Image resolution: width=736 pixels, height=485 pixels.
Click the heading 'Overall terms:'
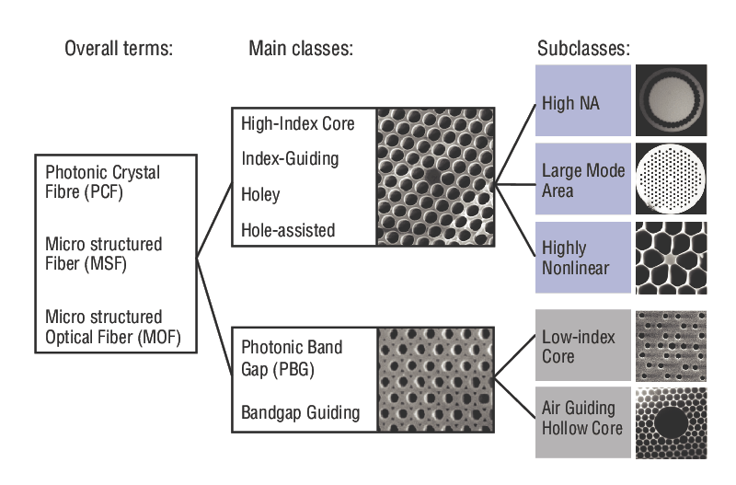118,50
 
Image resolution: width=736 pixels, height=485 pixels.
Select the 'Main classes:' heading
301,50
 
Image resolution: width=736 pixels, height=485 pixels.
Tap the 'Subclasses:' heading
583,50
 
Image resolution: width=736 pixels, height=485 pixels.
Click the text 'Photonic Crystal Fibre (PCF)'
103,183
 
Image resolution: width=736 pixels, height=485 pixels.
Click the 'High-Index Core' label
297,123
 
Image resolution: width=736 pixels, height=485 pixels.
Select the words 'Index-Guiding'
290,159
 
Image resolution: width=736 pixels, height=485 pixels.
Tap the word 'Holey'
260,195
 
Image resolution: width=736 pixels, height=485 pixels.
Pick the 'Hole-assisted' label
289,230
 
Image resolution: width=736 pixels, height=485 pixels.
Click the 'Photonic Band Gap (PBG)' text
292,359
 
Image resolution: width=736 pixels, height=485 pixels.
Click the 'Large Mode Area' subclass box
582,181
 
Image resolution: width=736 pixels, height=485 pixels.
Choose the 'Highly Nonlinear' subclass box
582,259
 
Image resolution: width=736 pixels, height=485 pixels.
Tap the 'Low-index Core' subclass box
582,345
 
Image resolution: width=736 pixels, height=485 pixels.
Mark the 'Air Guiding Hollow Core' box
582,419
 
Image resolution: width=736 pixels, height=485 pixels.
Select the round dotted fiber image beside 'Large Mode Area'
671,179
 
